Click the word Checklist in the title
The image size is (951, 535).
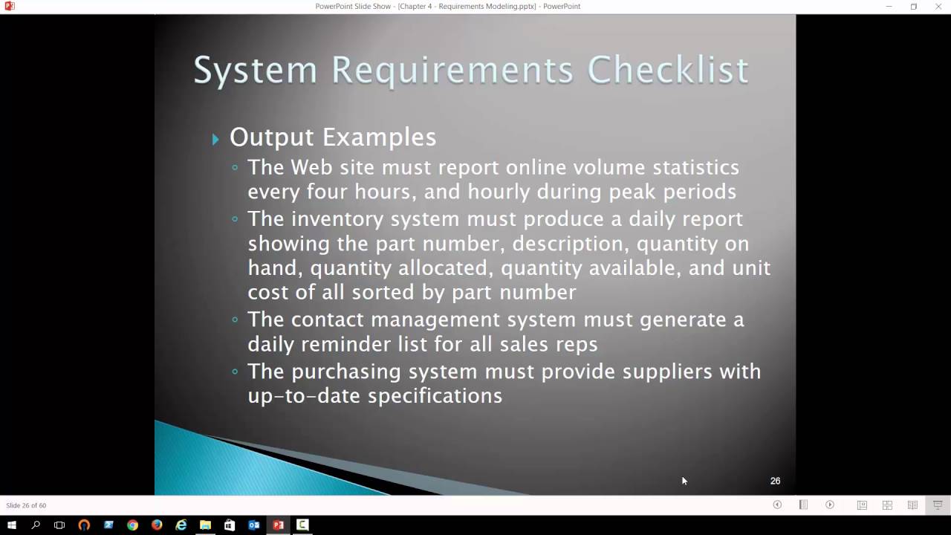[x=667, y=71]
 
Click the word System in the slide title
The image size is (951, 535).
[x=256, y=71]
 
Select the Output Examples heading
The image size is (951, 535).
[x=332, y=137]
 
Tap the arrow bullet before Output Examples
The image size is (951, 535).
[x=215, y=138]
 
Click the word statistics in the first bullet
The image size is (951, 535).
[x=695, y=168]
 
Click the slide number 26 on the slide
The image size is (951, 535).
[x=775, y=481]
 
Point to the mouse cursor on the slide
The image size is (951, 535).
[x=684, y=481]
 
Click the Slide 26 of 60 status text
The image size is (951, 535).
[x=26, y=505]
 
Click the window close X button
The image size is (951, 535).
[x=938, y=7]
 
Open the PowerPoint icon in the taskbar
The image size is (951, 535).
[x=278, y=525]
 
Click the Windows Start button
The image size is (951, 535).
[x=11, y=525]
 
